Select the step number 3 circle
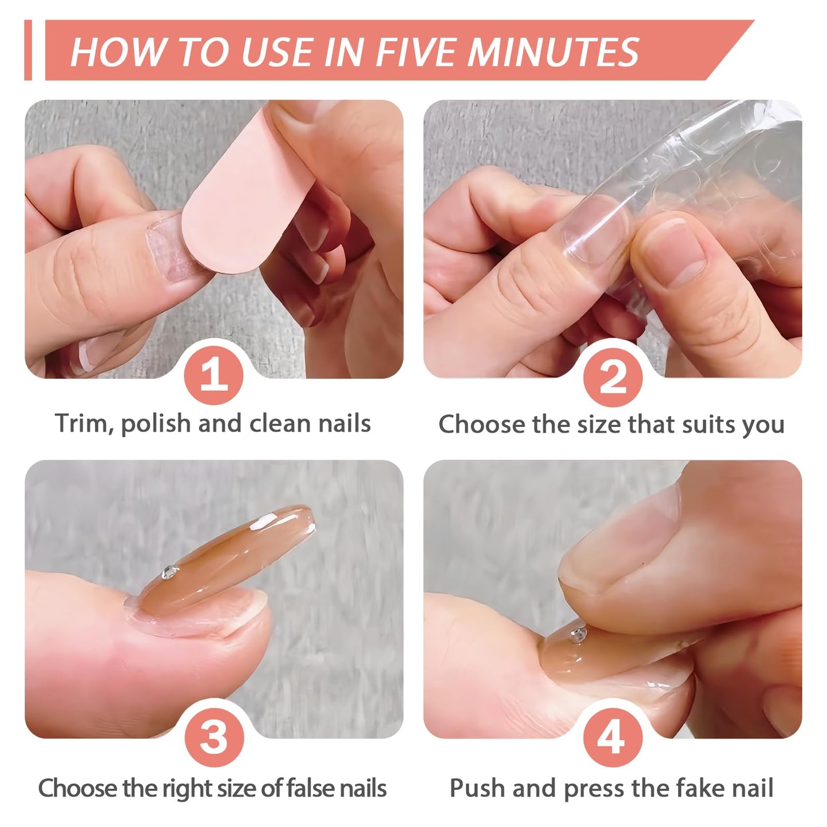pyautogui.click(x=213, y=737)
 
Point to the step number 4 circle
pyautogui.click(x=612, y=737)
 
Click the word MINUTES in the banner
pyautogui.click(x=553, y=52)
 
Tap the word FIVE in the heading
pyautogui.click(x=414, y=52)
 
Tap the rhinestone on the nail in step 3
pyautogui.click(x=170, y=572)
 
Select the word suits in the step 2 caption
pyautogui.click(x=706, y=424)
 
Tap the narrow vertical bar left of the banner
pyautogui.click(x=28, y=50)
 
